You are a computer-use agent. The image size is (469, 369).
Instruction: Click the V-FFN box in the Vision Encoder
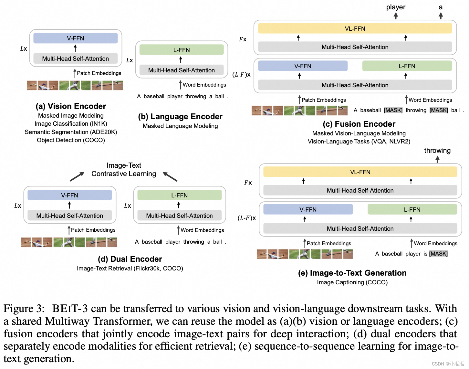tap(75, 38)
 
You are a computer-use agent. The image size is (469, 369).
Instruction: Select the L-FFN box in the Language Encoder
tap(181, 50)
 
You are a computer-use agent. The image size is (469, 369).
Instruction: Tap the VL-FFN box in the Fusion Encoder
tap(355, 28)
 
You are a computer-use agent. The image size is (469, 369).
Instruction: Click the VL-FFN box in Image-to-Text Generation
tap(360, 172)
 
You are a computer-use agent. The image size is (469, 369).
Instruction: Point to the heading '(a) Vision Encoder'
tap(71, 106)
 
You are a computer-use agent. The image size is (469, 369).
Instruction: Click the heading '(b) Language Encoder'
tap(180, 116)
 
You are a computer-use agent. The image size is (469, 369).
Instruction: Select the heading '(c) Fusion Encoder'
tap(359, 124)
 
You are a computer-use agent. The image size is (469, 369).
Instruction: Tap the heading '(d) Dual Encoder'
tap(130, 259)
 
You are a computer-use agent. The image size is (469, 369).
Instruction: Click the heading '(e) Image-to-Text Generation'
tap(352, 273)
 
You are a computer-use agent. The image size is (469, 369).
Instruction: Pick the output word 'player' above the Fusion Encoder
tap(396, 7)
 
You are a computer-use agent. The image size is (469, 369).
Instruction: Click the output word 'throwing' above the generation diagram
tap(437, 151)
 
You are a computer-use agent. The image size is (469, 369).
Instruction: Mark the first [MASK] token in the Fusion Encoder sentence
tap(393, 110)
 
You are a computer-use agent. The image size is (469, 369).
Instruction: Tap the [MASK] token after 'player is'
tap(438, 254)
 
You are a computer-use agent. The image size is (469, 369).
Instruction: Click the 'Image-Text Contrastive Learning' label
tap(124, 170)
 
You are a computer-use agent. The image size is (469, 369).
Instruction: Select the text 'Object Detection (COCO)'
tap(71, 140)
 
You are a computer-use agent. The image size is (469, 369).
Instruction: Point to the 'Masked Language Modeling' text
tap(180, 126)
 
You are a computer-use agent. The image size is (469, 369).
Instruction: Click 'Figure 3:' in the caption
tap(24, 309)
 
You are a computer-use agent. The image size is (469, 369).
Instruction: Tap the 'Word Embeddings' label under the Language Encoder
tap(204, 85)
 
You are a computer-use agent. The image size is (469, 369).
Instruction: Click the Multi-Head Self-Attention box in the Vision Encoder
tap(75, 58)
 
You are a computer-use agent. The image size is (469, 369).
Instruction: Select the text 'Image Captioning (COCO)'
tap(352, 282)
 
